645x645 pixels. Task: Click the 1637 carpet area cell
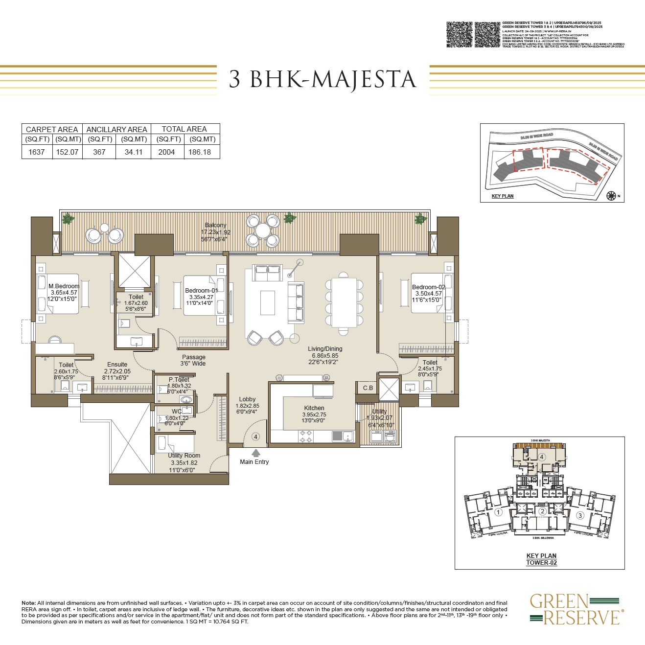37,152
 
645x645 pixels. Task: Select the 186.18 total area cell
200,152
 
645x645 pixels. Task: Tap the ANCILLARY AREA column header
116,129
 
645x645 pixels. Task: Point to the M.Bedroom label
64,286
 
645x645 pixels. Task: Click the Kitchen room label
314,408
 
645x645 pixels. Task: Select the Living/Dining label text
325,349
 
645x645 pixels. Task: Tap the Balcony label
215,225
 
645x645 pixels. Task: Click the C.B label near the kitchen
368,388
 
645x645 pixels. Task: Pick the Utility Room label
184,456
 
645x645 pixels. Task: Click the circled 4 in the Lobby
255,437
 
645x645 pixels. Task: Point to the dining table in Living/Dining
344,302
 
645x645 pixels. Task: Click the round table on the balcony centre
262,230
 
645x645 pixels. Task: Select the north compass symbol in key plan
611,196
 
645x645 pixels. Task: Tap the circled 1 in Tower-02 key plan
498,512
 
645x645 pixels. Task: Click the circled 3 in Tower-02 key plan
580,515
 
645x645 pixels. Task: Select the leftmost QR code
460,34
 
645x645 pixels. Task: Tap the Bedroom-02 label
429,287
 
